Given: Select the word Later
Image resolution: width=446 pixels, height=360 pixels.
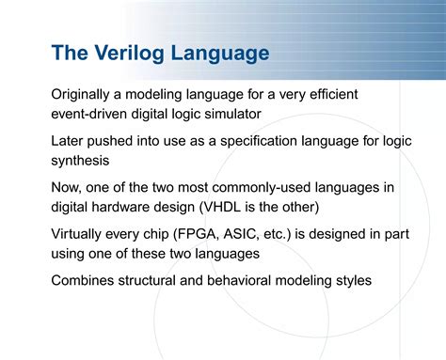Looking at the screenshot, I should click(69, 140).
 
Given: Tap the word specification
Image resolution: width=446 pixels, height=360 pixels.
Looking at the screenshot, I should click(266, 140).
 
